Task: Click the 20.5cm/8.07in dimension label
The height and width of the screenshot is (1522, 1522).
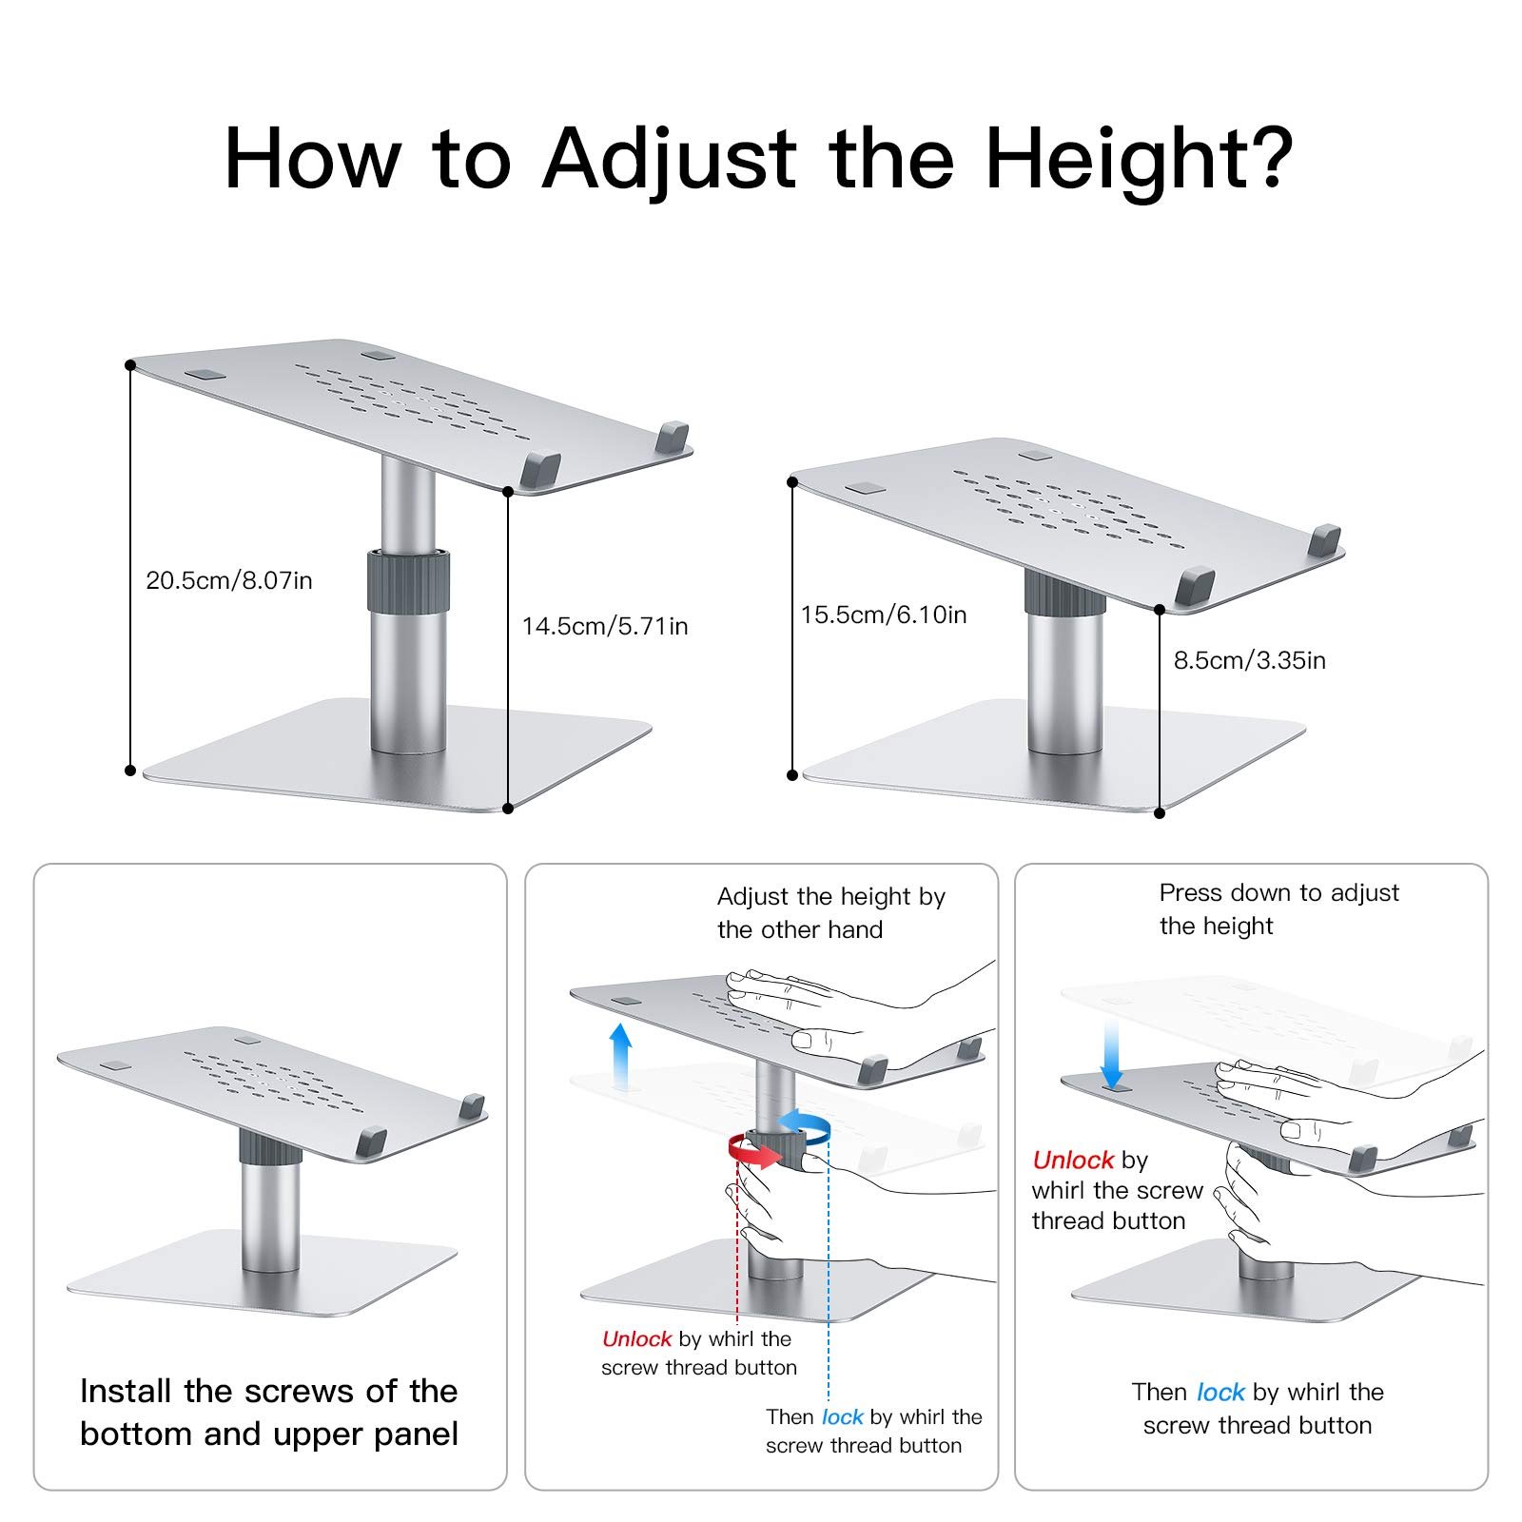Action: point(229,580)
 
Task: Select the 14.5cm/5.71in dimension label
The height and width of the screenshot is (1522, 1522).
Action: point(605,626)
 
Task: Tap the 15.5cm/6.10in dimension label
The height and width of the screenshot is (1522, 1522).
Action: point(884,615)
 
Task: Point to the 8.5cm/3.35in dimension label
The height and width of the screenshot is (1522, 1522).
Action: point(1249,660)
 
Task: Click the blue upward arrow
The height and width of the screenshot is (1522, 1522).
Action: point(620,1055)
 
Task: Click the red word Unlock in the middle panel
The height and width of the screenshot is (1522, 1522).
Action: point(637,1339)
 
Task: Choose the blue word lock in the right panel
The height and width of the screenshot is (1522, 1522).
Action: point(1220,1393)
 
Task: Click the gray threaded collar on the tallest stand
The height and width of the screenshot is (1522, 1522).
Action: point(409,579)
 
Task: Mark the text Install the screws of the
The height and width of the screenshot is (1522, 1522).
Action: point(269,1391)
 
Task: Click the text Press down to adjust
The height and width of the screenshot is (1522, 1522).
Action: point(1279,892)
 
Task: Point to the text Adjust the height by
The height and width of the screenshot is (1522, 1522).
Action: point(831,897)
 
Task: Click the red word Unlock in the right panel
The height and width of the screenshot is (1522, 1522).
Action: point(1073,1160)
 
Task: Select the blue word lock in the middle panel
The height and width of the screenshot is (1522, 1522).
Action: point(843,1417)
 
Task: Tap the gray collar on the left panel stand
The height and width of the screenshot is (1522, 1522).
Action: point(270,1146)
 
